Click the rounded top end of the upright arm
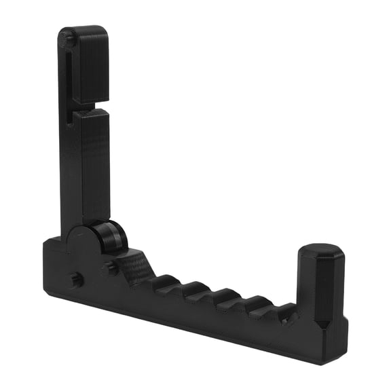tap(83, 31)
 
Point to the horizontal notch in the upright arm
tap(95, 107)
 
